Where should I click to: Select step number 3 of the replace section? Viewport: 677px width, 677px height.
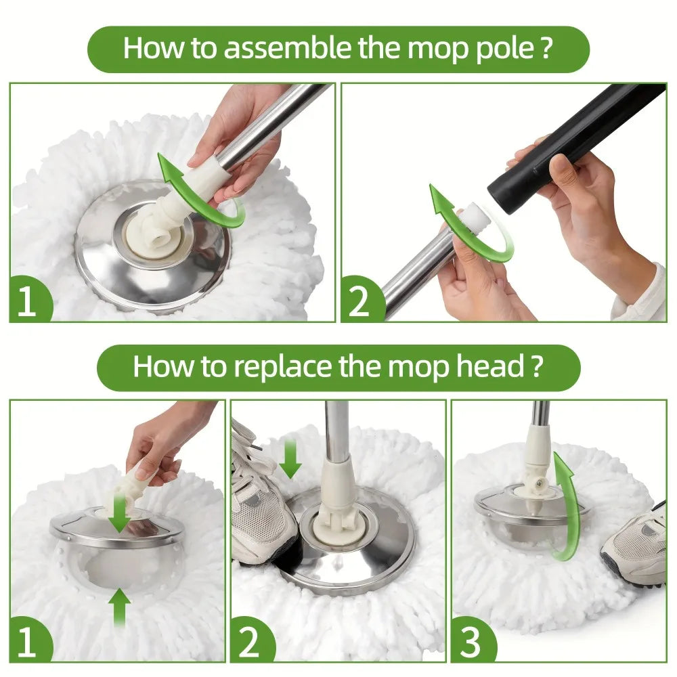(468, 644)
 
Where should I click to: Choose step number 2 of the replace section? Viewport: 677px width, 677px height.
(248, 644)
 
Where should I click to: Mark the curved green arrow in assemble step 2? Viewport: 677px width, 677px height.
(467, 223)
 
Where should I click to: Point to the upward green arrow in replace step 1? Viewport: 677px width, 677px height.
(119, 606)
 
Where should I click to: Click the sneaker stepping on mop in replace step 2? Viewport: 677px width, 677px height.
(261, 501)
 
